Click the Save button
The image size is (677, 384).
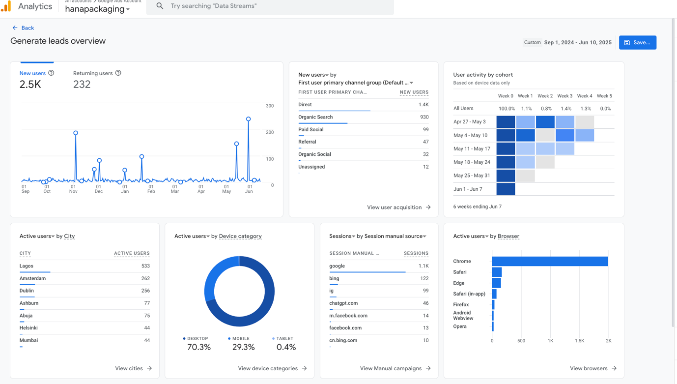(x=637, y=43)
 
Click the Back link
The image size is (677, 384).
(x=23, y=28)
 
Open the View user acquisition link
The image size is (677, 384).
(x=398, y=207)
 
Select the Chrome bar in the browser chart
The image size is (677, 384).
(x=549, y=262)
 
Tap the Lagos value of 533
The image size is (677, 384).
(x=145, y=266)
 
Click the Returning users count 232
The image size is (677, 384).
(x=82, y=85)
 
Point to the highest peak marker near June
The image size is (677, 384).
(x=249, y=119)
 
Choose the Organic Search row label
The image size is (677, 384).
(x=315, y=117)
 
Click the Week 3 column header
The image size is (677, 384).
(x=564, y=96)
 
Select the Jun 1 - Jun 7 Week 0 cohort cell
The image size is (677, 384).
(x=506, y=189)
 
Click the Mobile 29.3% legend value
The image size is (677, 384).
(x=243, y=347)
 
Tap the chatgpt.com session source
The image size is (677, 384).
(x=343, y=303)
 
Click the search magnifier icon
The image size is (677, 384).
(x=160, y=6)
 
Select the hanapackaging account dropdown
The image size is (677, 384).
(x=97, y=9)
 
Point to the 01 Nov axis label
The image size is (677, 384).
(x=73, y=189)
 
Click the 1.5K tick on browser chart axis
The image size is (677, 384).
(x=579, y=341)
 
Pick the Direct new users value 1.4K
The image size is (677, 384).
(x=423, y=105)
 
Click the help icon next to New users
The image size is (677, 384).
(x=51, y=73)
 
